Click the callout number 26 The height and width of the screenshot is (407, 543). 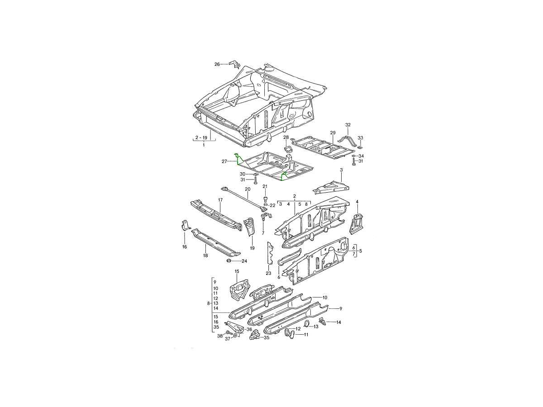217,64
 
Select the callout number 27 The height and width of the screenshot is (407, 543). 224,161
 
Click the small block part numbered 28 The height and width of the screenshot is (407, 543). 287,149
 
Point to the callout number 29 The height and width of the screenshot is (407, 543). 333,133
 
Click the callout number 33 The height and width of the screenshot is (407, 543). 361,137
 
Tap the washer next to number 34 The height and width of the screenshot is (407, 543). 354,156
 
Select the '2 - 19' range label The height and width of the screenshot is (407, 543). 201,137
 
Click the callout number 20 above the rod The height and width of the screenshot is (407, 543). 248,189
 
